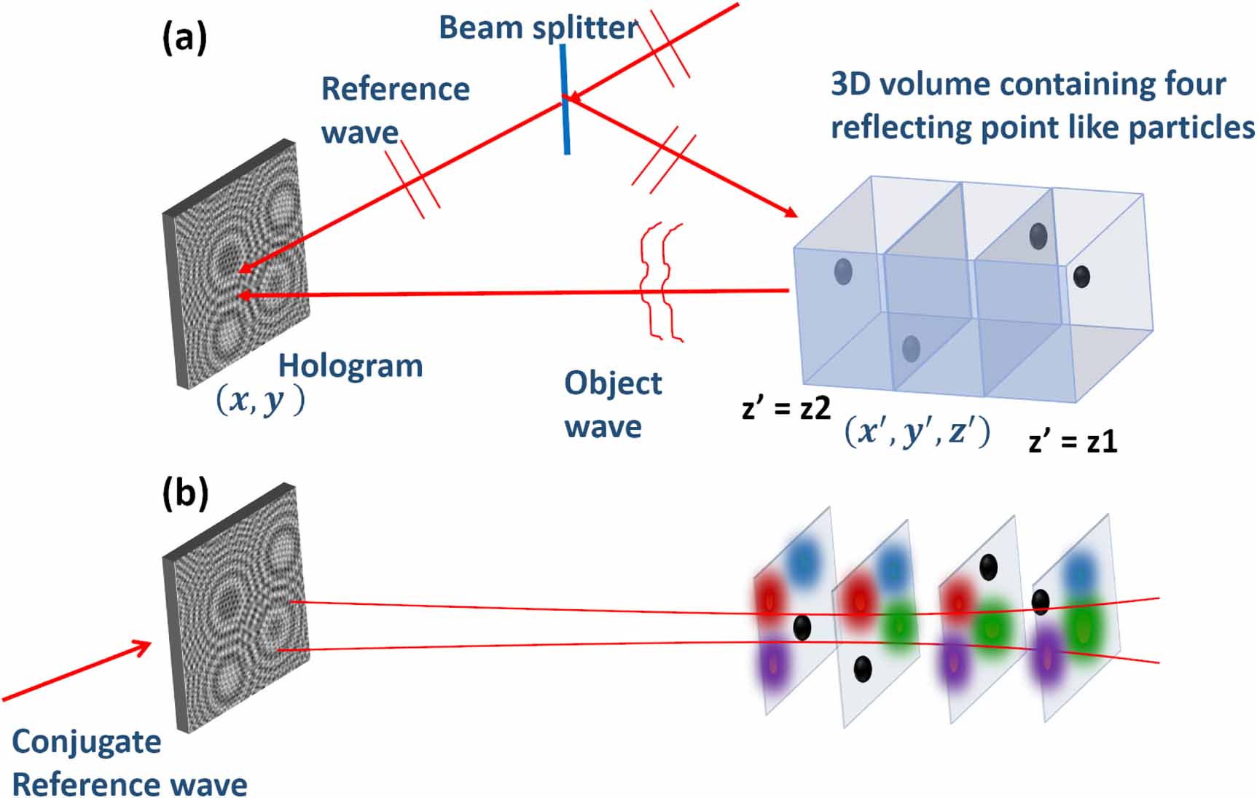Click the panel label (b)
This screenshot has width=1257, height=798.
click(185, 493)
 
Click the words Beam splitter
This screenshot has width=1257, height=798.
click(539, 28)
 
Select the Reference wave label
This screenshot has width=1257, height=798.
click(394, 110)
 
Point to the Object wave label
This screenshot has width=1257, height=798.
click(612, 404)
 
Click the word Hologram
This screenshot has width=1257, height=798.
click(351, 366)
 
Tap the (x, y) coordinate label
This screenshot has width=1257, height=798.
click(260, 400)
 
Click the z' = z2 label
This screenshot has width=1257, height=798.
click(786, 408)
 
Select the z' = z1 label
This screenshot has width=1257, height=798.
click(1072, 442)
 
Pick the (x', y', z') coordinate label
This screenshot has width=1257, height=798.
click(917, 432)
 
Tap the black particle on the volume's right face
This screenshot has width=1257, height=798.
click(1081, 277)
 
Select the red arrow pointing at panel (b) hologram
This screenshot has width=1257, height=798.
click(77, 670)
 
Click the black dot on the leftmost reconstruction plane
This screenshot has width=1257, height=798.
click(802, 627)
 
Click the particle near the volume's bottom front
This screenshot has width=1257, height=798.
click(911, 349)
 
